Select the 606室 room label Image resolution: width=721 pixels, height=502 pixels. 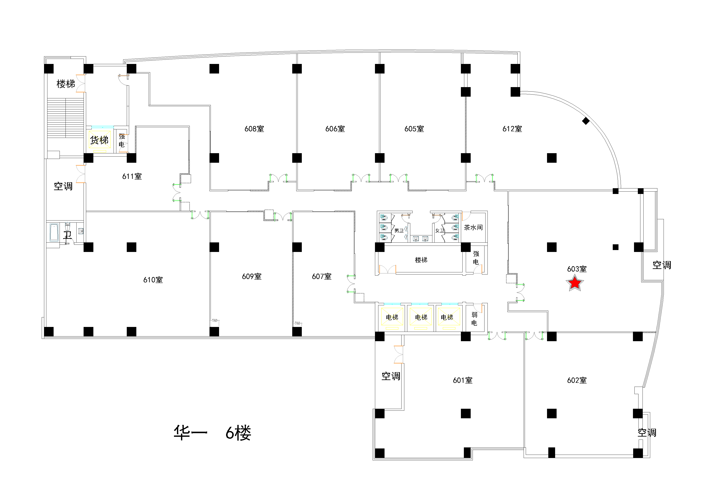pyautogui.click(x=335, y=129)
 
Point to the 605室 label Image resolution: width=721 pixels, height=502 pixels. pyautogui.click(x=414, y=129)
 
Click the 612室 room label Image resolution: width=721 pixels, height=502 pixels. pyautogui.click(x=512, y=129)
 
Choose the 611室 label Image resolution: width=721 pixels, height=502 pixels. pyautogui.click(x=132, y=177)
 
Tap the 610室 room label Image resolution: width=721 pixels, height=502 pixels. pyautogui.click(x=153, y=280)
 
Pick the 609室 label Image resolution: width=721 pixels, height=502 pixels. pyautogui.click(x=252, y=276)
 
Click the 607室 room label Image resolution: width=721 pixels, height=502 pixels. pyautogui.click(x=322, y=276)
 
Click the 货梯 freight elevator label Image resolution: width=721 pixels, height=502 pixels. pyautogui.click(x=99, y=140)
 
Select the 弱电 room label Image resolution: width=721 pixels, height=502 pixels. pyautogui.click(x=474, y=319)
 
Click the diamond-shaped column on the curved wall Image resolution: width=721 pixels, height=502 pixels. pyautogui.click(x=586, y=121)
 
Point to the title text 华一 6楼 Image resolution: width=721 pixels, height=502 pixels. pyautogui.click(x=212, y=433)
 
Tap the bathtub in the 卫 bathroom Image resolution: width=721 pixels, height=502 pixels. pyautogui.click(x=54, y=232)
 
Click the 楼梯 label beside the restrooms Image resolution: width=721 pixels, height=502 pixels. pyautogui.click(x=421, y=260)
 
